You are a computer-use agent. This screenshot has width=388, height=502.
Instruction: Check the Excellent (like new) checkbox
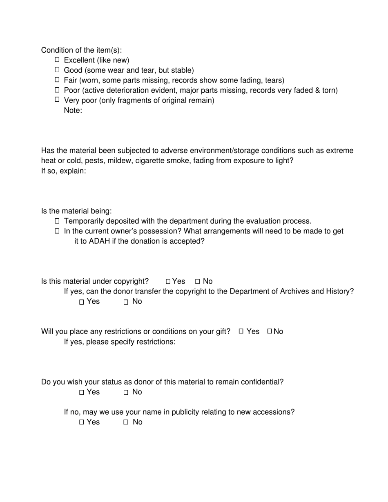(57, 60)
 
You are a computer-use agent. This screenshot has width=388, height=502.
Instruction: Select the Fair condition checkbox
(57, 80)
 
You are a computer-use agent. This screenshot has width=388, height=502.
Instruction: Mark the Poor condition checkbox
(57, 90)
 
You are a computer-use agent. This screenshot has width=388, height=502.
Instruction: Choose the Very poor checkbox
(57, 100)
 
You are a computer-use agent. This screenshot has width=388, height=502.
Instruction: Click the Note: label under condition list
(73, 110)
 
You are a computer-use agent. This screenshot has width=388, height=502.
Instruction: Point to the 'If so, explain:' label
(63, 171)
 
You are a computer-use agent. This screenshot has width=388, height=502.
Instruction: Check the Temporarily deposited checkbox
(57, 221)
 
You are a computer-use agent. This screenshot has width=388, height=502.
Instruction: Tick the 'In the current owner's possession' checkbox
(57, 231)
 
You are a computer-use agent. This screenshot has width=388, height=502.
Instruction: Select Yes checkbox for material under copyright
(168, 282)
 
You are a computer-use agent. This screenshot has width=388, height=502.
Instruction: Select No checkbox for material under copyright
(198, 282)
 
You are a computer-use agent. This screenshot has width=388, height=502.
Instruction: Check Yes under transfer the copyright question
(82, 302)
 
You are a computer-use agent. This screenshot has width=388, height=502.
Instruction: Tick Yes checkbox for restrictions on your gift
(241, 331)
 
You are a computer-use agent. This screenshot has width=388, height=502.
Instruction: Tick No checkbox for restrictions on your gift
(270, 331)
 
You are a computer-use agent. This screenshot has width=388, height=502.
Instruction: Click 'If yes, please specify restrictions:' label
(120, 342)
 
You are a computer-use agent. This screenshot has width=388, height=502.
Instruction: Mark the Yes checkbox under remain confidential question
(82, 393)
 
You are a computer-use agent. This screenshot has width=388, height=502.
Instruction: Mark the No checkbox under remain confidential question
(126, 393)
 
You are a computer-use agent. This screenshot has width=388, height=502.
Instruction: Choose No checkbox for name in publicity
(126, 422)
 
